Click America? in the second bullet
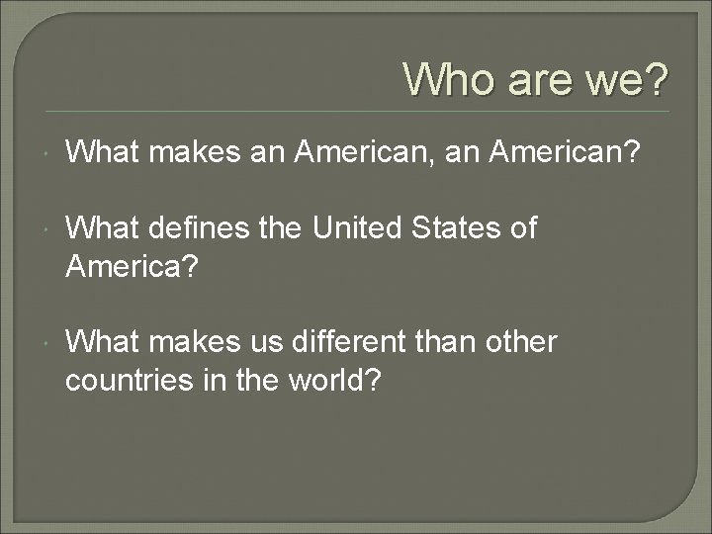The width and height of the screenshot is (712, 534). pos(127,265)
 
